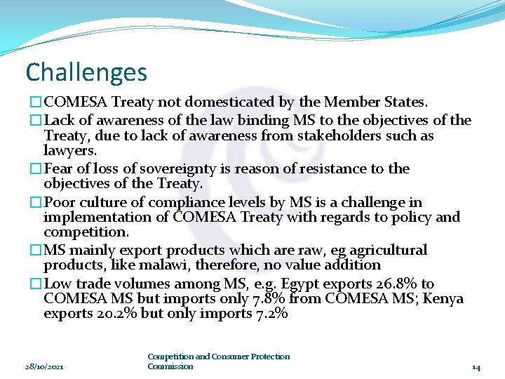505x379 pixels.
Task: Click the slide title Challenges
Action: [86, 72]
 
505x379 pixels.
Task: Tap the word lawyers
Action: [70, 150]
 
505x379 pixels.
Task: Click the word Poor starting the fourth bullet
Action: [60, 202]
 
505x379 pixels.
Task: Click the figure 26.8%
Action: [392, 284]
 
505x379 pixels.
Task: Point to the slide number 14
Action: [476, 366]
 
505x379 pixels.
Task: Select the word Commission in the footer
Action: [170, 366]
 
